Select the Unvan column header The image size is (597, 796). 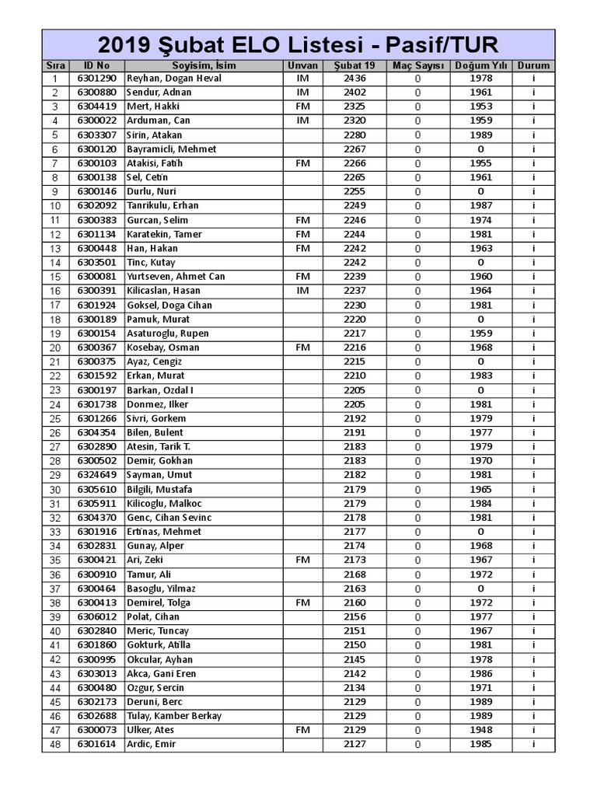click(x=302, y=65)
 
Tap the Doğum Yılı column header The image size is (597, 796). click(x=481, y=65)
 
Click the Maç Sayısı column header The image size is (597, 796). click(x=417, y=65)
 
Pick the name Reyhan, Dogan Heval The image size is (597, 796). click(x=173, y=79)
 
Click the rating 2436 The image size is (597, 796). click(x=354, y=79)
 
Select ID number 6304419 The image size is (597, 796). click(x=96, y=106)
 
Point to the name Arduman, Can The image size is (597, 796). click(x=159, y=120)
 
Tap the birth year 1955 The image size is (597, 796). click(x=481, y=163)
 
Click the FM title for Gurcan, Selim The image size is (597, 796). click(x=302, y=220)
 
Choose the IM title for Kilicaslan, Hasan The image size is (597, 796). click(x=302, y=291)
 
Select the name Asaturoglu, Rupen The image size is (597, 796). click(x=167, y=333)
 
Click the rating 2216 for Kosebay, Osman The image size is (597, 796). click(x=354, y=347)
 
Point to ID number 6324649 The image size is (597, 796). click(x=96, y=475)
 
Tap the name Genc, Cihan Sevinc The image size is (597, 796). click(x=169, y=518)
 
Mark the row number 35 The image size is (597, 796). click(x=55, y=560)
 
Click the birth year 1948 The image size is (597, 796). click(x=481, y=730)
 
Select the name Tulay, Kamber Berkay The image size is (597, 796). click(x=173, y=716)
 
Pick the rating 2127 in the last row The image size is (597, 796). click(x=354, y=744)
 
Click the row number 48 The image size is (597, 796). click(x=55, y=745)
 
